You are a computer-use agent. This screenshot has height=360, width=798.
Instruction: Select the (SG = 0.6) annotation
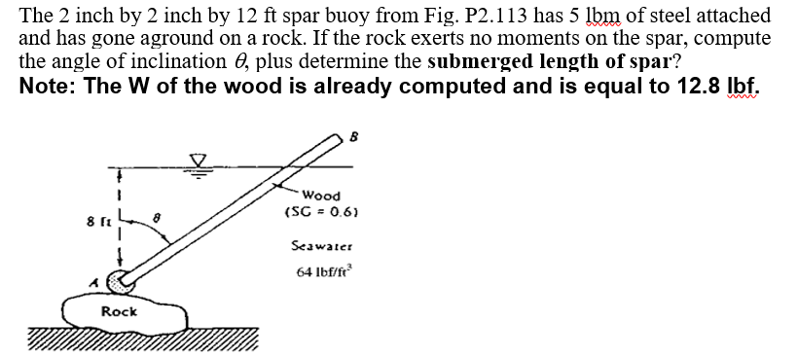322,211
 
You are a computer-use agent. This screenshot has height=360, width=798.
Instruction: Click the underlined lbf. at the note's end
739,84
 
